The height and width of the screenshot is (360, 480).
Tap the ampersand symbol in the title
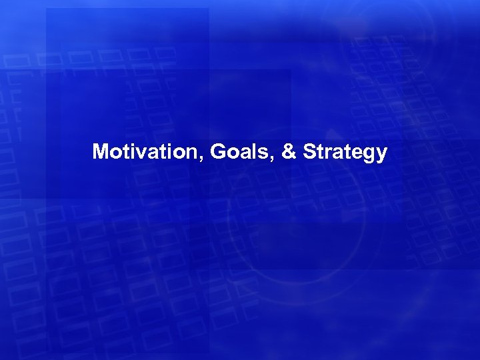point(289,152)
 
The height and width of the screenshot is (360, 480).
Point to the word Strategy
point(345,153)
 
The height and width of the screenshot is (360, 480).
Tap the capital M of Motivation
point(101,152)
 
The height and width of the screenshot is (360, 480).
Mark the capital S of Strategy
point(309,152)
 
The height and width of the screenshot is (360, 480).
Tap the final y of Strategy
point(381,155)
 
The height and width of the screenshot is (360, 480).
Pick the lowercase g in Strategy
point(368,155)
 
